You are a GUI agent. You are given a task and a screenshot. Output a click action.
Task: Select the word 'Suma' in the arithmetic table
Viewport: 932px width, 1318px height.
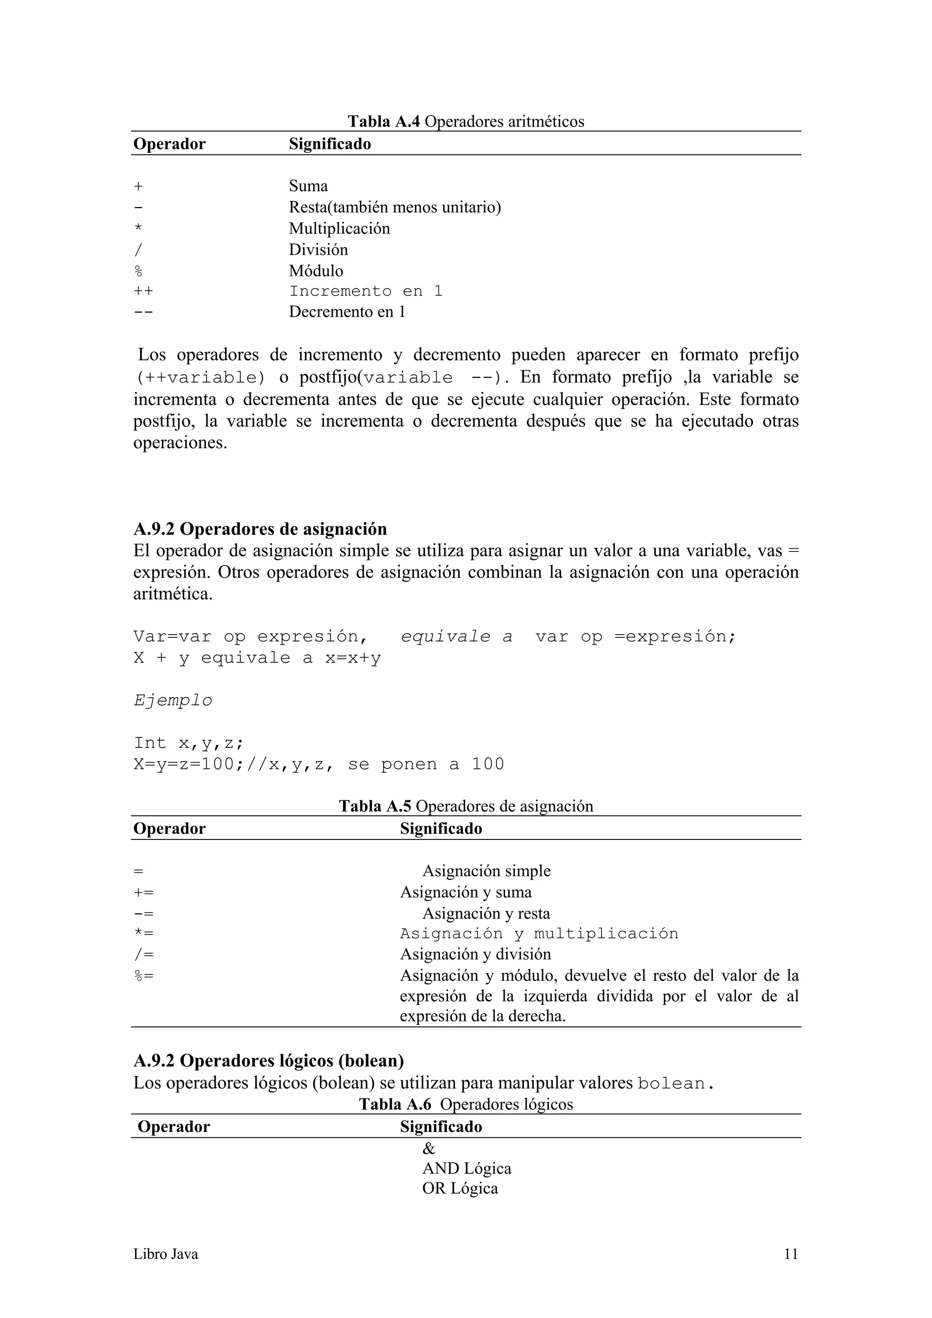(309, 186)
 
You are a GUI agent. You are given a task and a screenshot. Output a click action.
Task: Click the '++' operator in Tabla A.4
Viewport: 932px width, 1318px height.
(143, 291)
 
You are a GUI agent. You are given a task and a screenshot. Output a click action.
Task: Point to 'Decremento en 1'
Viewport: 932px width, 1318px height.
(347, 312)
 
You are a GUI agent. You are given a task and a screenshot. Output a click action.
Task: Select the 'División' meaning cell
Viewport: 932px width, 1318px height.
(318, 250)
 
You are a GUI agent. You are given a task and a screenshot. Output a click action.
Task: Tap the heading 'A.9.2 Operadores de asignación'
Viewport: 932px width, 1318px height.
(260, 529)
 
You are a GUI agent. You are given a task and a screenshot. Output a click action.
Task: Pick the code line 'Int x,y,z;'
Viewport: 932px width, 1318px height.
(189, 743)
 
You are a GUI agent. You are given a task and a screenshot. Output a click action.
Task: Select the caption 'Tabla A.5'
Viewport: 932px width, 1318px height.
(375, 807)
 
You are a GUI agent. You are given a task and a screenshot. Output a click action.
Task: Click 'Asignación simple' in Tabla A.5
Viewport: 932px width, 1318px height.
(486, 871)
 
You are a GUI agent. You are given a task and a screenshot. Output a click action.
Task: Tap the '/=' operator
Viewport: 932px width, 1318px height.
(143, 954)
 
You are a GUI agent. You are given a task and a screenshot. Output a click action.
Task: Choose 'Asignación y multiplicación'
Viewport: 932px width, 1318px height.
(539, 934)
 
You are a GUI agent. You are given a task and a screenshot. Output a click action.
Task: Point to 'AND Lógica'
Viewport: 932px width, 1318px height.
(466, 1168)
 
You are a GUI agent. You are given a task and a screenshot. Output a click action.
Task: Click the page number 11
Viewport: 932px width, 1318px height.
(791, 1254)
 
